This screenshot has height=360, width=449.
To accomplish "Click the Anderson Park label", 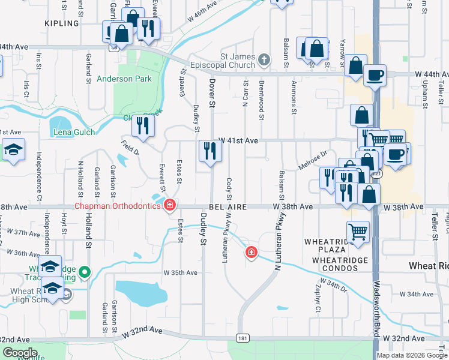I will (x=124, y=79).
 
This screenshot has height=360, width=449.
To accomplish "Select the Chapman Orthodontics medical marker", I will (x=170, y=206).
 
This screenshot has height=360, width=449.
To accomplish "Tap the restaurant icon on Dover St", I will (x=210, y=151).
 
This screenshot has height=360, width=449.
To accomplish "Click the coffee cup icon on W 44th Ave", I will (x=375, y=76).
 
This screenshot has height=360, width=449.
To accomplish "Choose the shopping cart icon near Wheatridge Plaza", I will (x=358, y=231).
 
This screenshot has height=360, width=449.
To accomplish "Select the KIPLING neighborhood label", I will (x=62, y=23).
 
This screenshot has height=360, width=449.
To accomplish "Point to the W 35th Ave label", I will (x=181, y=272).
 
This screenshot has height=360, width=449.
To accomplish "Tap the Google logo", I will (x=20, y=353).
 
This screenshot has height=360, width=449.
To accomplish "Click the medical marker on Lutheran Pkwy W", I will (x=251, y=253).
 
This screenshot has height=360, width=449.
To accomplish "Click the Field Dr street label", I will (x=130, y=147).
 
